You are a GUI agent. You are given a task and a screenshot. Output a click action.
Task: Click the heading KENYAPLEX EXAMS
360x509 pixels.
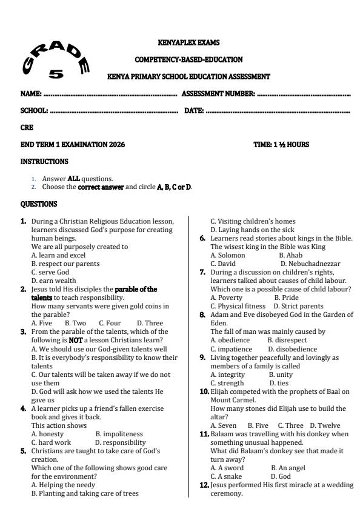click(188, 43)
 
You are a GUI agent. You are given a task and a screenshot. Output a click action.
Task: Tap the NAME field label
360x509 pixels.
click(30, 95)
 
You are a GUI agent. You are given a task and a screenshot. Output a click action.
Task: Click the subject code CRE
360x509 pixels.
click(27, 128)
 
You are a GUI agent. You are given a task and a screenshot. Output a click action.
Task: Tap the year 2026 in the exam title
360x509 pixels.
click(117, 145)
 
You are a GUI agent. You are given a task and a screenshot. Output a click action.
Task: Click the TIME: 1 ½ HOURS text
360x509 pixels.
click(281, 145)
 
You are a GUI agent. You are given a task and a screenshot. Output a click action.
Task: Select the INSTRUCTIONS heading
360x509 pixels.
click(44, 162)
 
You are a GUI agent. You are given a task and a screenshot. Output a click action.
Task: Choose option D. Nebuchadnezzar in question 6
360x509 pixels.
click(310, 264)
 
